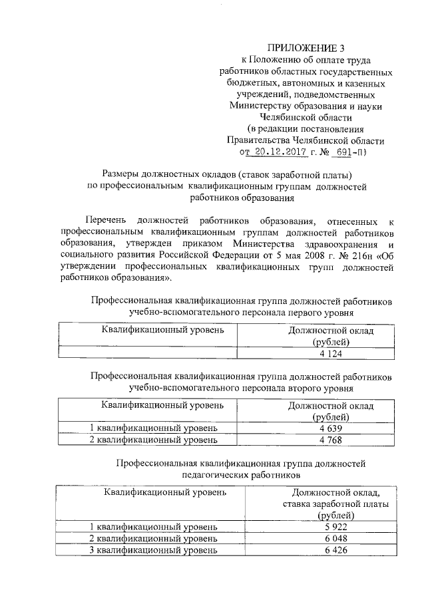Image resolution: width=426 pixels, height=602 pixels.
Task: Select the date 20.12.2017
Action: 278,152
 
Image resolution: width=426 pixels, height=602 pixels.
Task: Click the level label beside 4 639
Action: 153,428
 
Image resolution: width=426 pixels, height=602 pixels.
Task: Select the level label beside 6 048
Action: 153,538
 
